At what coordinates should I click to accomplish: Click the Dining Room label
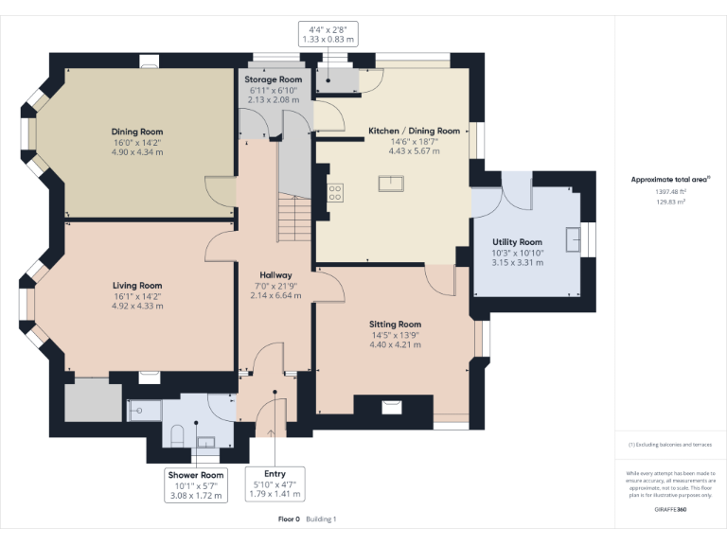coord(137,132)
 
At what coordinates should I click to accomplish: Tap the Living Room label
coord(137,286)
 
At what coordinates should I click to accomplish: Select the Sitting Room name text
coord(395,325)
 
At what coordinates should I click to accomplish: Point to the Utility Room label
coord(517,242)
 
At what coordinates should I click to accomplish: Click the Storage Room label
coord(273,79)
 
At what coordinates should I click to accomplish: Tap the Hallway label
coord(275,274)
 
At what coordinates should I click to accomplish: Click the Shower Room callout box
coord(196,485)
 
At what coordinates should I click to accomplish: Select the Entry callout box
coord(275,483)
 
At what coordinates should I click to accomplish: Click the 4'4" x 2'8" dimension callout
coord(328,34)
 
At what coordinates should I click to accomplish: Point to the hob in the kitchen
coord(335,193)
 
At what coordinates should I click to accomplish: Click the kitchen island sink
coord(391,184)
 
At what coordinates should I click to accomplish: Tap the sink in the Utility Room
coord(574,239)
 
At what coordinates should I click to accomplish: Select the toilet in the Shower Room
coord(177,435)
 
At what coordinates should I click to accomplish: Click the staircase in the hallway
coord(294,218)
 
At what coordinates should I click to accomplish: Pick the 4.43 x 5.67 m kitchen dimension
coord(414,151)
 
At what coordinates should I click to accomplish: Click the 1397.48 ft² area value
coord(670,191)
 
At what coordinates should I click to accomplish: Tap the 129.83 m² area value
coord(670,202)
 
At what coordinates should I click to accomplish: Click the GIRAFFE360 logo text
coord(670,509)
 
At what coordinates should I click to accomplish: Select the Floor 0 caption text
coord(290,519)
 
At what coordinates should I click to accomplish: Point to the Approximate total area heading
coord(669,180)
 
